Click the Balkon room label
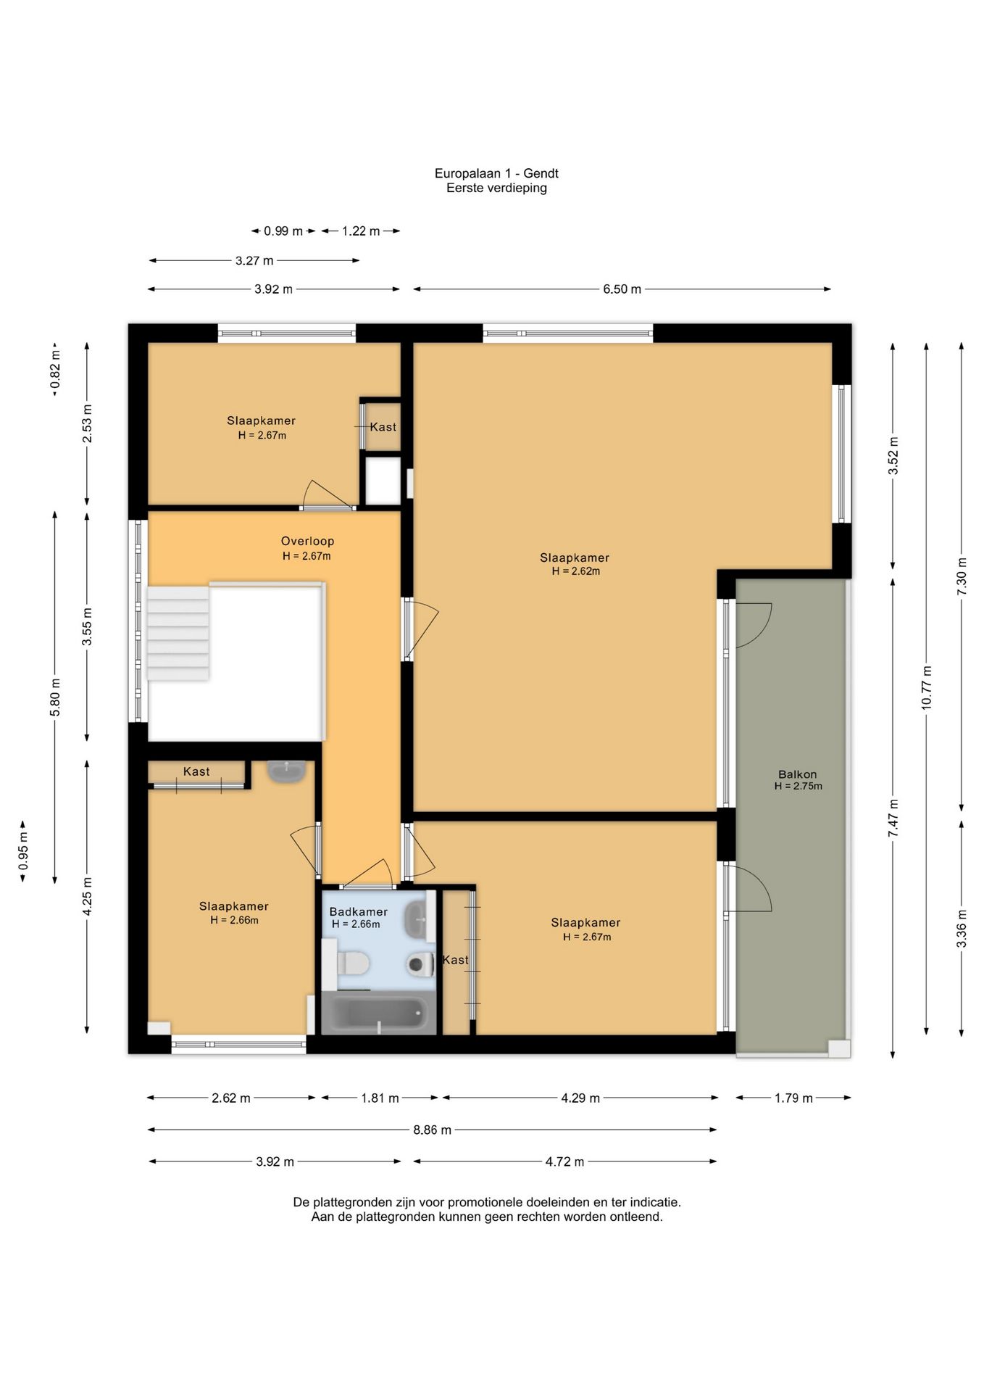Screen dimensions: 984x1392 click(x=797, y=774)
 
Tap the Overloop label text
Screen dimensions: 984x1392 click(x=307, y=541)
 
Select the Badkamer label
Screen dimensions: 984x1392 click(x=358, y=911)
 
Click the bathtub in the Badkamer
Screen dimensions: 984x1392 click(x=378, y=1013)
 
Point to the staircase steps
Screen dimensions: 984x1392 click(x=178, y=633)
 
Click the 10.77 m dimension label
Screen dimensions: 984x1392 click(x=927, y=688)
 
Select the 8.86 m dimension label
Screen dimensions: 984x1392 click(x=433, y=1130)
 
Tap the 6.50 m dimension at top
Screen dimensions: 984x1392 click(x=622, y=289)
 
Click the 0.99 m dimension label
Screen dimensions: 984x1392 click(x=283, y=231)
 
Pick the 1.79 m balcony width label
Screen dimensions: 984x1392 click(x=793, y=1098)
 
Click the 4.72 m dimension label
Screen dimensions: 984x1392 click(x=564, y=1161)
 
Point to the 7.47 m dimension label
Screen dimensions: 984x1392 click(x=893, y=819)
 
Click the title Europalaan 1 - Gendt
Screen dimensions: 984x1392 click(x=496, y=173)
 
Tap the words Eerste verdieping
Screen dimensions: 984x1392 click(x=496, y=188)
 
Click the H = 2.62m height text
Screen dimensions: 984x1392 click(x=576, y=571)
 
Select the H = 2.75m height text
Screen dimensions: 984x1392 click(x=798, y=786)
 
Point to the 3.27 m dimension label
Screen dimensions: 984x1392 click(x=254, y=260)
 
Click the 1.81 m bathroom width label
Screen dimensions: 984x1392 click(x=380, y=1098)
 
